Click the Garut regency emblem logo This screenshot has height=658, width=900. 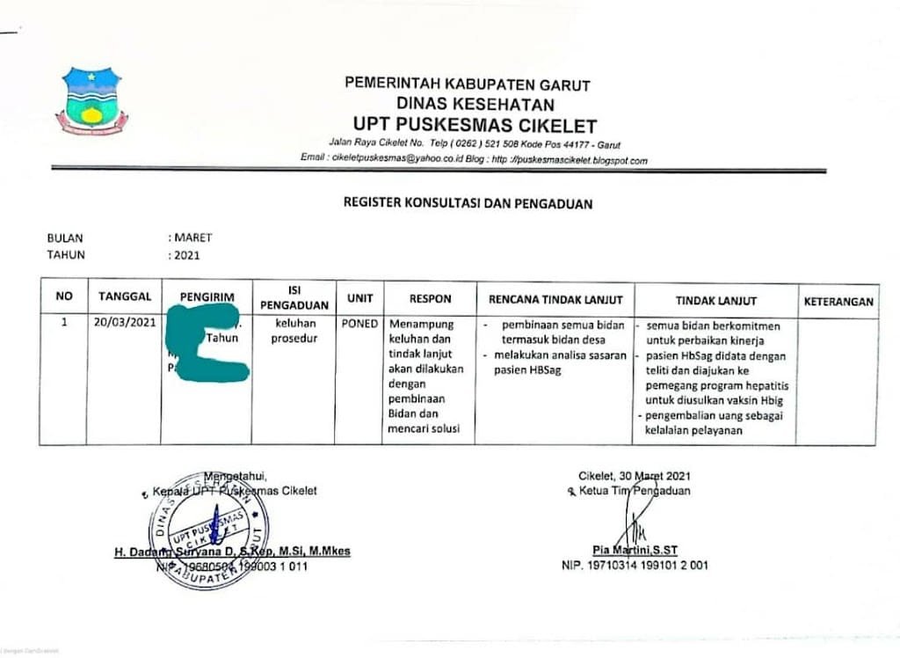(x=91, y=100)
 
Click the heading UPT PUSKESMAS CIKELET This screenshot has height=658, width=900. (x=475, y=126)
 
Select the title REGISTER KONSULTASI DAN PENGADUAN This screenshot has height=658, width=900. (x=468, y=204)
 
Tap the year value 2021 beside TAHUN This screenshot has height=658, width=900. (x=185, y=256)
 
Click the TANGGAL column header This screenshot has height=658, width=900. (x=125, y=296)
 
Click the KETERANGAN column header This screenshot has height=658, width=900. (x=838, y=301)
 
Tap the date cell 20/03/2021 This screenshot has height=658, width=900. (x=125, y=322)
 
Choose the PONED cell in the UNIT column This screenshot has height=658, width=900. (x=359, y=323)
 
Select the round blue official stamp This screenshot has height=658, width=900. (x=208, y=530)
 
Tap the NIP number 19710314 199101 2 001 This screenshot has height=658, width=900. (x=635, y=566)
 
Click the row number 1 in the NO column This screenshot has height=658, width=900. (x=63, y=322)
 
